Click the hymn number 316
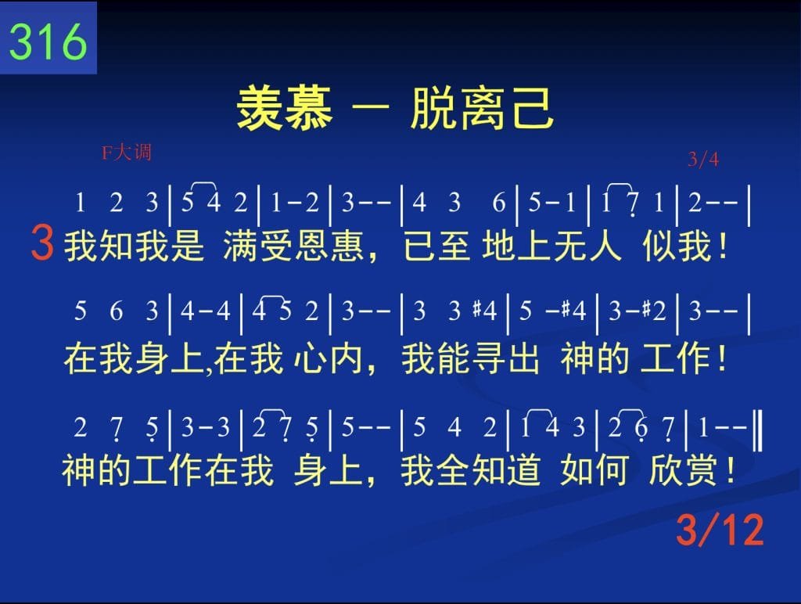click(x=48, y=41)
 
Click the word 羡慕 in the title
click(x=285, y=108)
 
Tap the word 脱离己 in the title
click(x=482, y=108)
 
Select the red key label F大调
click(x=127, y=153)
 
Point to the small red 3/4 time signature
click(x=703, y=160)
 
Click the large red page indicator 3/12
click(x=720, y=530)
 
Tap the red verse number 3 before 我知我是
click(x=42, y=243)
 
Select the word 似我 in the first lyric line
click(x=677, y=246)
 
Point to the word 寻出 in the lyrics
click(x=505, y=358)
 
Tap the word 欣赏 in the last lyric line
click(x=684, y=470)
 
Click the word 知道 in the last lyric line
click(x=506, y=470)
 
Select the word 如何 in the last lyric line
click(x=594, y=470)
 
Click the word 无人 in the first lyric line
click(x=587, y=246)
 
